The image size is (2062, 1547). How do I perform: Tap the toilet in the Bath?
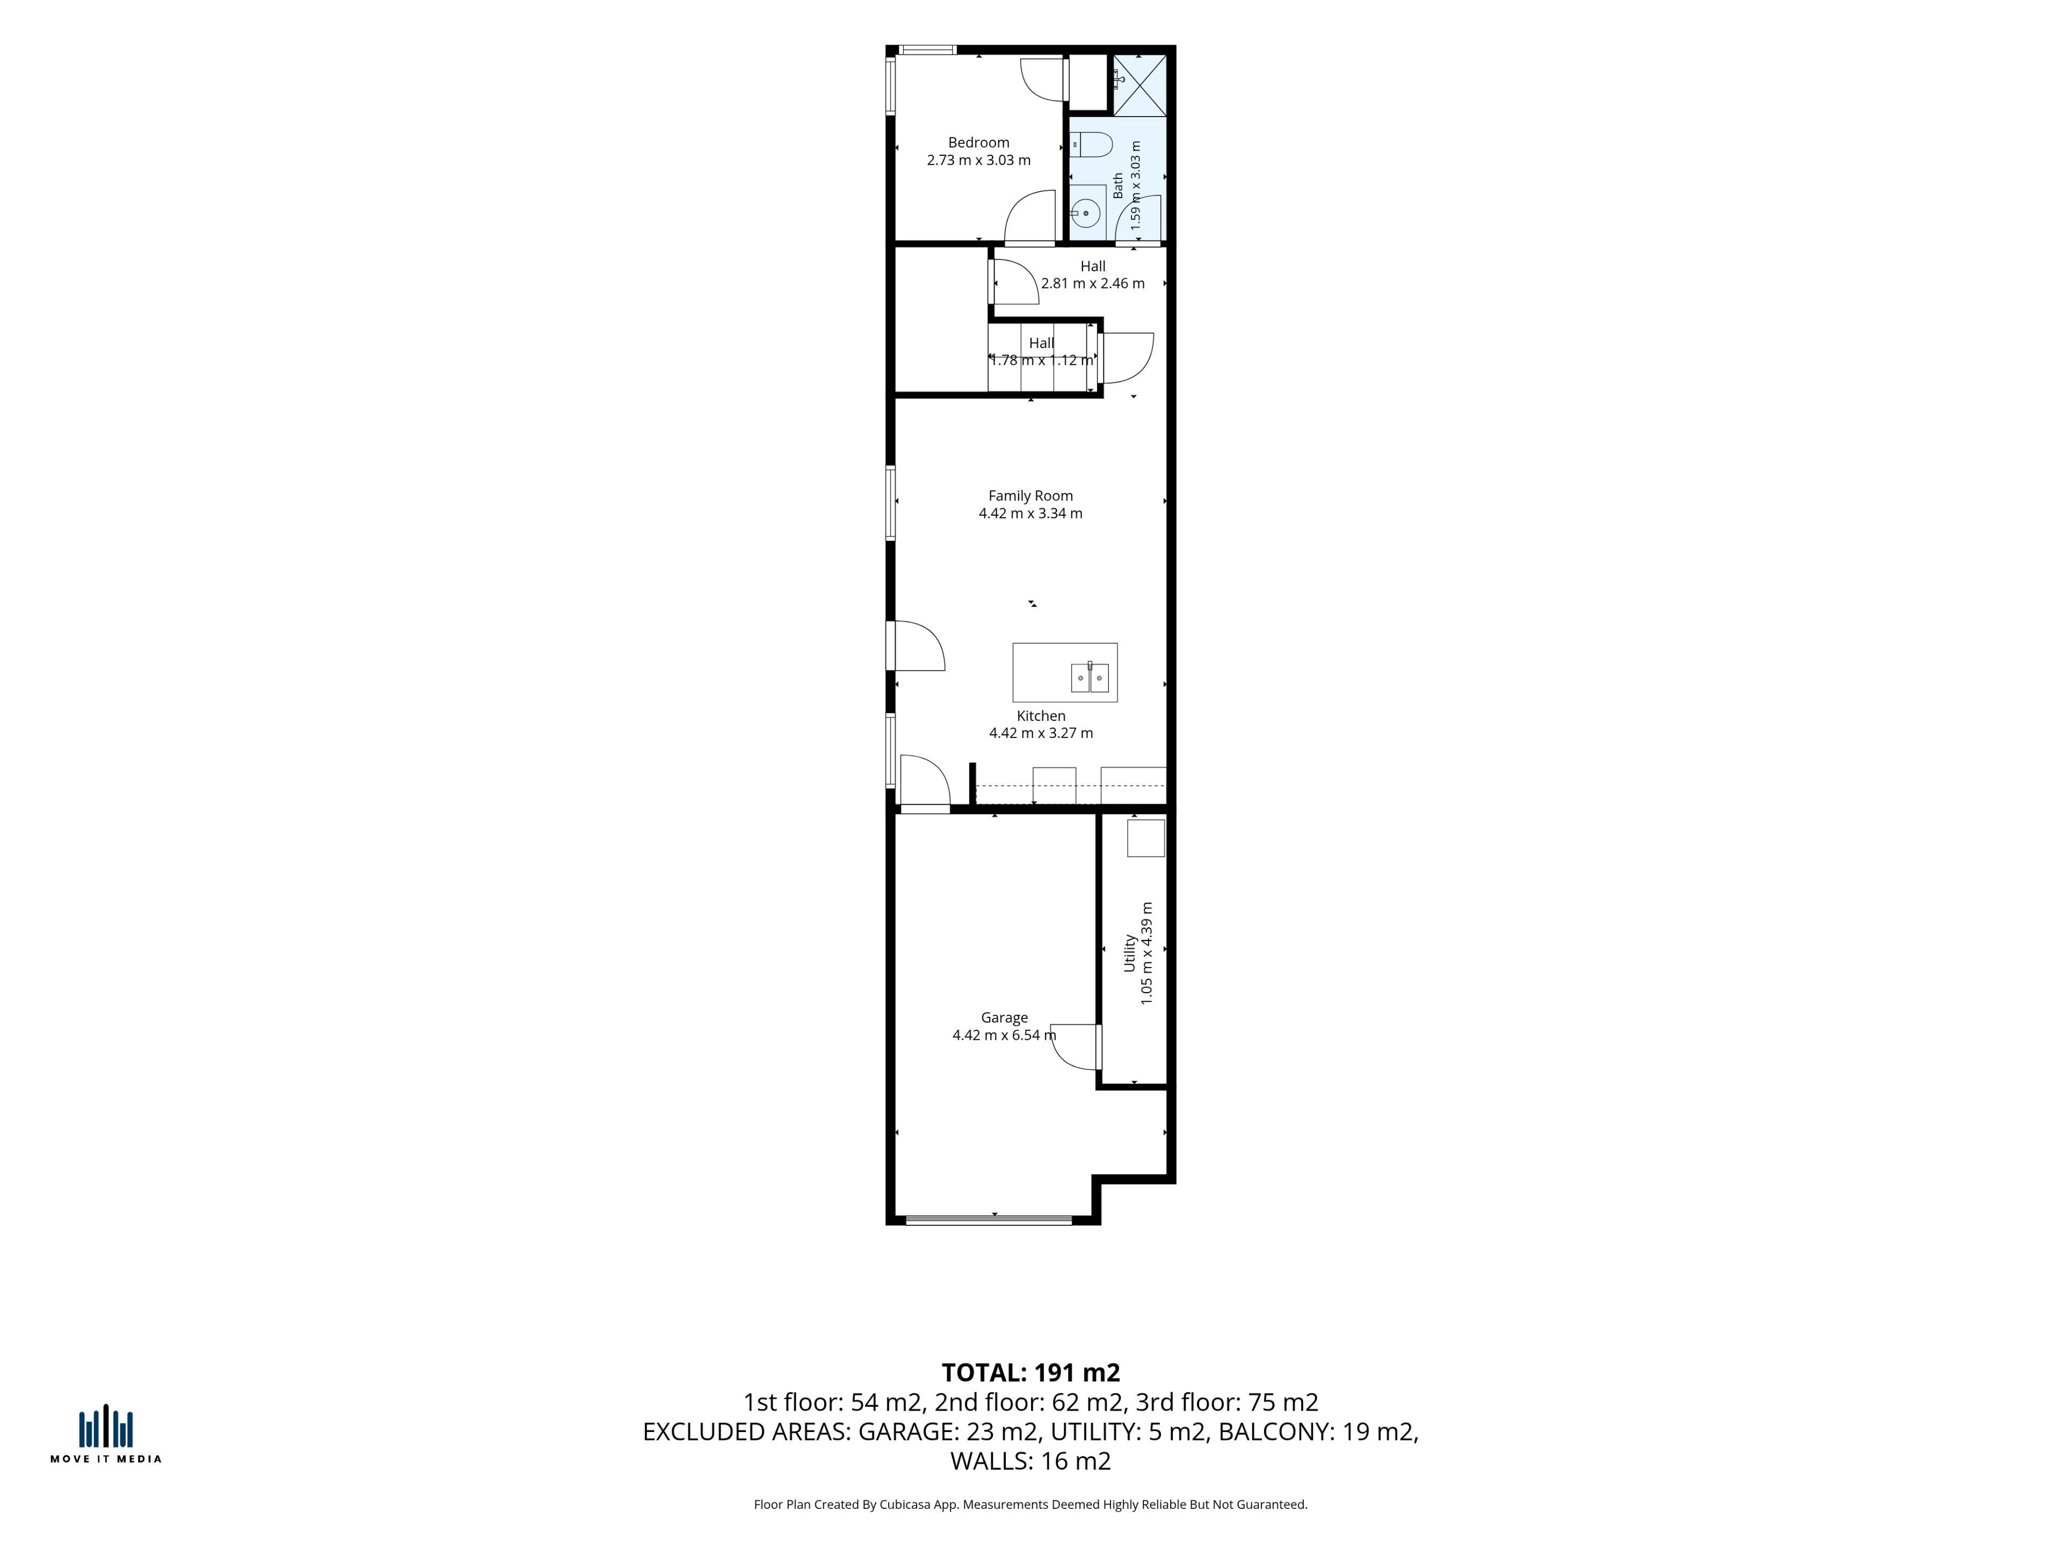pos(1091,144)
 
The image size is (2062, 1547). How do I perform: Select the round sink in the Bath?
pos(1086,214)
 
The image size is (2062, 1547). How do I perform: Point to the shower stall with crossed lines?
pos(1139,86)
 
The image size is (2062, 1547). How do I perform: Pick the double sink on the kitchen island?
pos(1090,677)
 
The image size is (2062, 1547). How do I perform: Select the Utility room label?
pos(1130,953)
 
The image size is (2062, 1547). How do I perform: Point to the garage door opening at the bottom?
pos(989,1219)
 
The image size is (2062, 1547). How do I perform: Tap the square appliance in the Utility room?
pos(1146,837)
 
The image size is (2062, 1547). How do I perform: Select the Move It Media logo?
pos(105,1434)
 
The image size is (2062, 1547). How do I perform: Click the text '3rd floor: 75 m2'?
pos(1227,1403)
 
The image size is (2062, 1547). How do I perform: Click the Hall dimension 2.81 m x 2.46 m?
pos(1093,284)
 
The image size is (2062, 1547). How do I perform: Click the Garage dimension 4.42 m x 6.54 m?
pos(1004,1035)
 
